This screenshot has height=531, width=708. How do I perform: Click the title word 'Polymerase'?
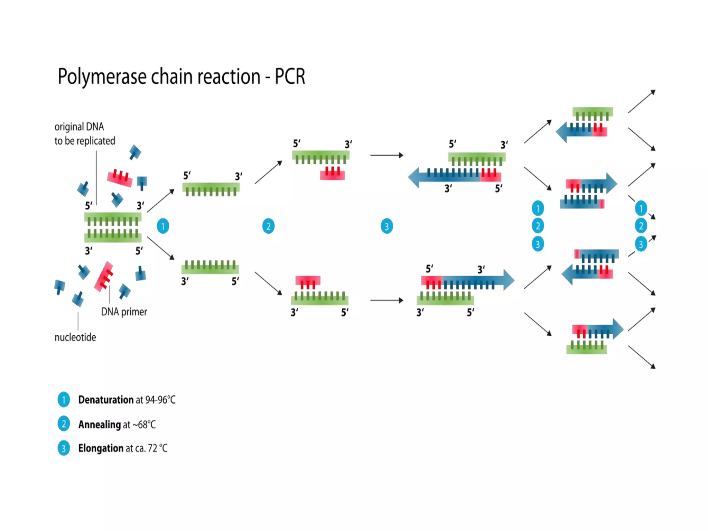click(x=102, y=77)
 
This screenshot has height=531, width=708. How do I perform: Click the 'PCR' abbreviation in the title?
click(x=290, y=77)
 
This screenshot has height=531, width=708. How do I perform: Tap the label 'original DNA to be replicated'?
click(x=84, y=134)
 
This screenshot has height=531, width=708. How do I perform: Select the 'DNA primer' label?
click(x=124, y=312)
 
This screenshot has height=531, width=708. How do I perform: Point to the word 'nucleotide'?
click(x=75, y=337)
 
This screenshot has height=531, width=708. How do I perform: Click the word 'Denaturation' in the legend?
click(x=106, y=400)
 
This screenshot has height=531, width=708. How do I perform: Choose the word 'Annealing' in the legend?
click(x=100, y=424)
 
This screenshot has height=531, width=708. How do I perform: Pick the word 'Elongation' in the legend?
click(x=101, y=448)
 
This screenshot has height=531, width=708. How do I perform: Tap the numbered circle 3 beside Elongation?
click(x=64, y=448)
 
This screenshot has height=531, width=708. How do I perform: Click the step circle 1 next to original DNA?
click(x=163, y=226)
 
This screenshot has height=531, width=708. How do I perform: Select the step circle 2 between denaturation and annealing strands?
click(x=268, y=226)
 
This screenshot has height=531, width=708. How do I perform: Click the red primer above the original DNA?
click(x=120, y=178)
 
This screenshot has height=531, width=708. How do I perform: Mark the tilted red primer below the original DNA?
click(x=104, y=277)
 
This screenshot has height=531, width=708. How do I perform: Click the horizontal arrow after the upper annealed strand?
click(x=386, y=155)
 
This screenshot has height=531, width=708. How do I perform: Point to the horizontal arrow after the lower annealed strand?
click(x=386, y=300)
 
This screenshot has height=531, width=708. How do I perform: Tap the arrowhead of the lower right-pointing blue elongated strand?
click(x=509, y=280)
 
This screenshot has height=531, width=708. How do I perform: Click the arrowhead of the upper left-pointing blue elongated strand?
click(x=414, y=177)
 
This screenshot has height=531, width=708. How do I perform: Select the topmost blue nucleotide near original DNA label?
click(x=135, y=152)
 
